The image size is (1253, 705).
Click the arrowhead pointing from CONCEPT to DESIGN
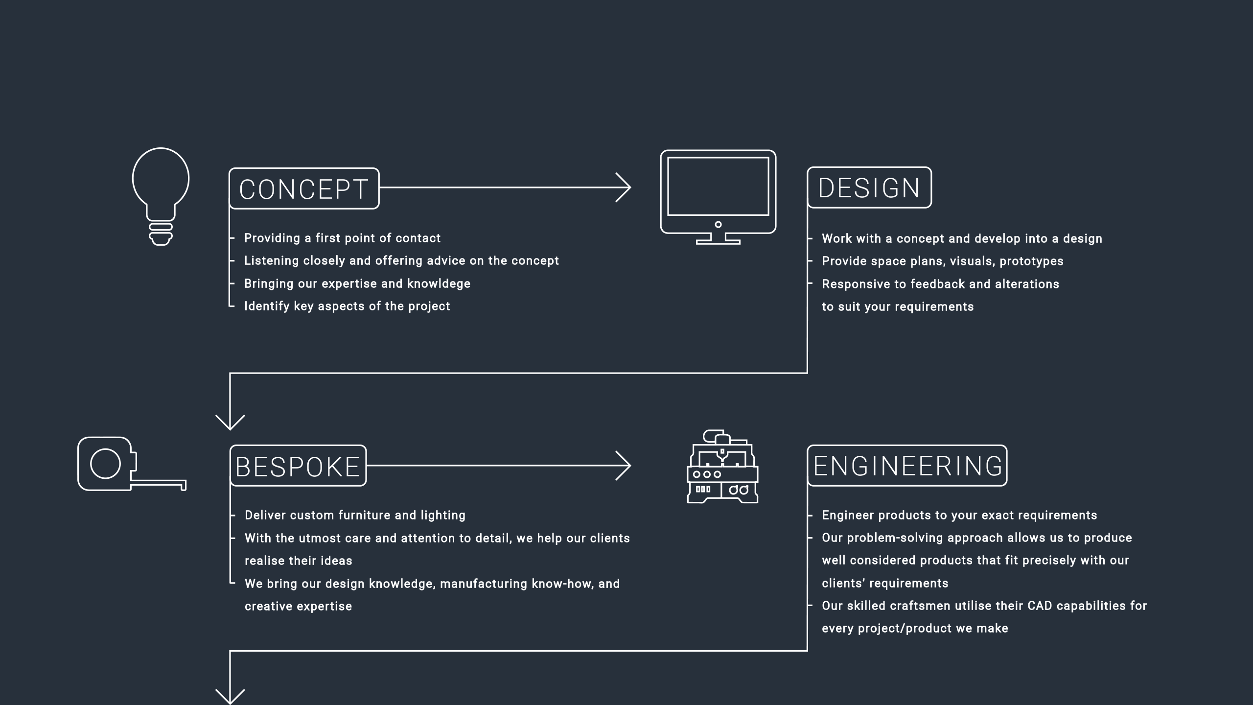click(624, 188)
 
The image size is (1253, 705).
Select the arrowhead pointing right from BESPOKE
click(624, 466)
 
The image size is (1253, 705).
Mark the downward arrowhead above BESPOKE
click(230, 423)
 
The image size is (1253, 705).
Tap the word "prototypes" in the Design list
click(1031, 261)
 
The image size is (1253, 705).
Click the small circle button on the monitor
click(718, 225)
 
